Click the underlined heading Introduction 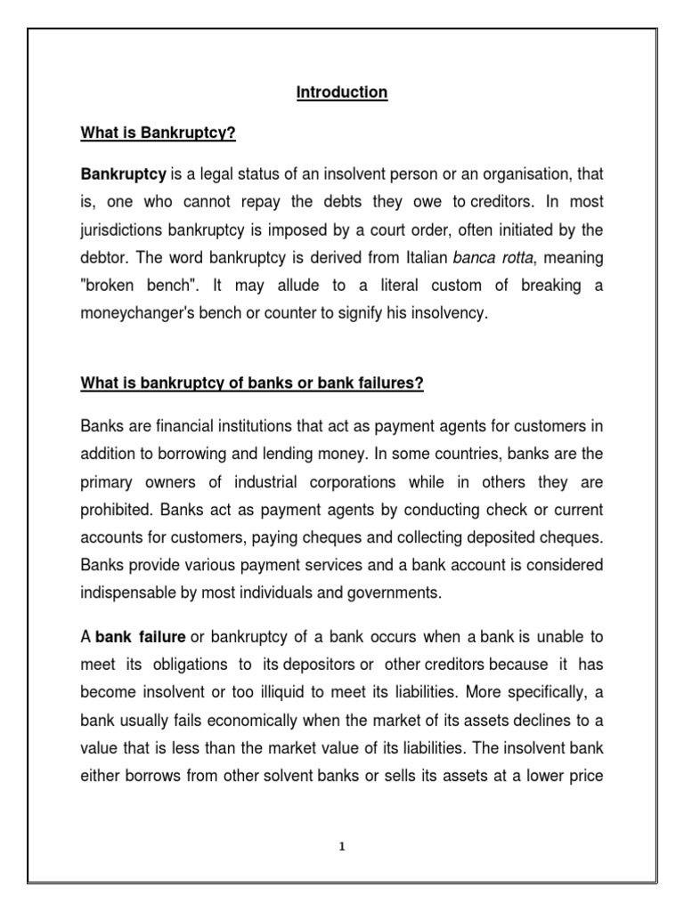[342, 93]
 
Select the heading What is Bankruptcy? [157, 134]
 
